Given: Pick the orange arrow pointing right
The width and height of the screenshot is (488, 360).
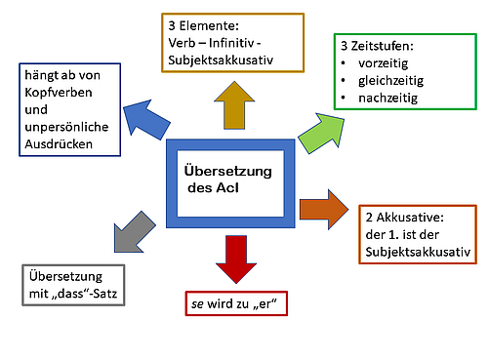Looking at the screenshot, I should point(325,208).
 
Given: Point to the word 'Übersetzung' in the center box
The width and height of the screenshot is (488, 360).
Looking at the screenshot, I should point(226,172).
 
